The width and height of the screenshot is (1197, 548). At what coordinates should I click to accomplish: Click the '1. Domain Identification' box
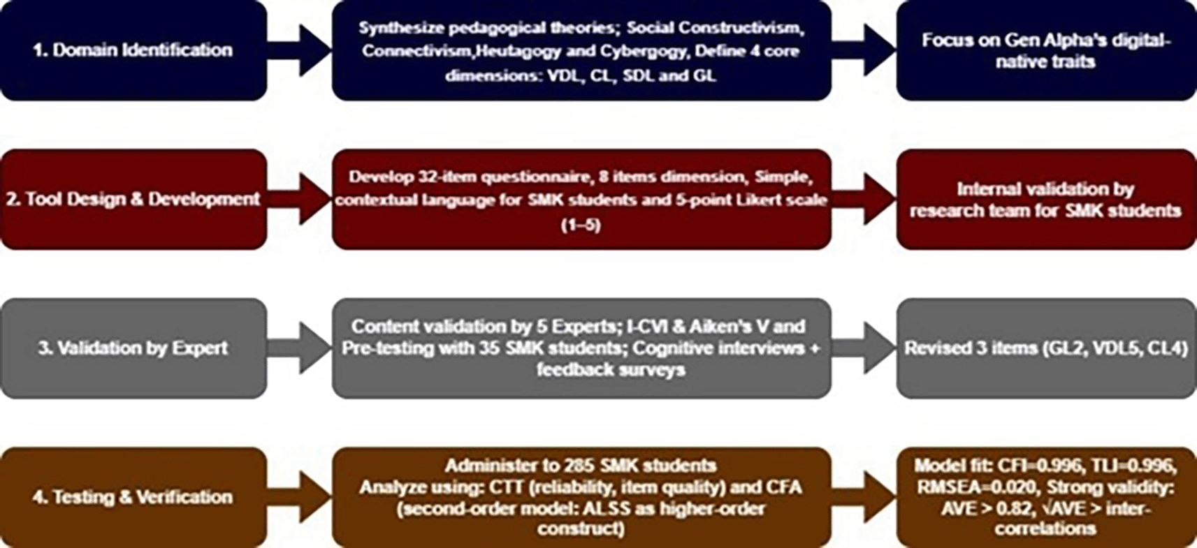tap(133, 50)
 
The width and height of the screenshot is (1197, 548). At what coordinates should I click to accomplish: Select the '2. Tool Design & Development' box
tap(133, 200)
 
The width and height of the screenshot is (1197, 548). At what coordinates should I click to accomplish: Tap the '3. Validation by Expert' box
tap(133, 348)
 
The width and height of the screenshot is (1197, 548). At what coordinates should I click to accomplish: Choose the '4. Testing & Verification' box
tap(133, 497)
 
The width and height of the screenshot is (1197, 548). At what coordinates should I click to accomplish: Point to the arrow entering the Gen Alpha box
tap(865, 50)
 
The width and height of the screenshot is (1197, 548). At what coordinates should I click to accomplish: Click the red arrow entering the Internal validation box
tap(865, 200)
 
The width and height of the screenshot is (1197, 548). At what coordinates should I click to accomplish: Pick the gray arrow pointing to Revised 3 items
tap(865, 348)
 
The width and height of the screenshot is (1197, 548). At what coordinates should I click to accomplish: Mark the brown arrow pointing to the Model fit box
tap(865, 497)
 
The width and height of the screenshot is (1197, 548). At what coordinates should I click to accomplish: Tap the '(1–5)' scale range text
tap(581, 225)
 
